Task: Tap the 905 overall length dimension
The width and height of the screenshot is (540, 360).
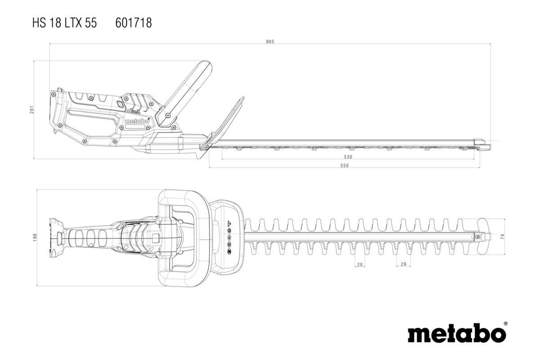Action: point(270,41)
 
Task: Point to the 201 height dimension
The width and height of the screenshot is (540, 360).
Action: point(32,110)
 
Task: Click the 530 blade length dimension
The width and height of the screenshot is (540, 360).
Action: point(348,156)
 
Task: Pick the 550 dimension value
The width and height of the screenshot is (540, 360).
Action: point(344,165)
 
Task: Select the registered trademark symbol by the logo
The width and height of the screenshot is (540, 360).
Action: point(505,324)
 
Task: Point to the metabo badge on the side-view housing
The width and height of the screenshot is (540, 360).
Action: point(137,121)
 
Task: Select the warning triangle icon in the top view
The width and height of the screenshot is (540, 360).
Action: point(229,224)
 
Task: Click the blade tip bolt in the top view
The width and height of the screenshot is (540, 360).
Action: point(482,237)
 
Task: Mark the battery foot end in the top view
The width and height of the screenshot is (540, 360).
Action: point(55,238)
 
